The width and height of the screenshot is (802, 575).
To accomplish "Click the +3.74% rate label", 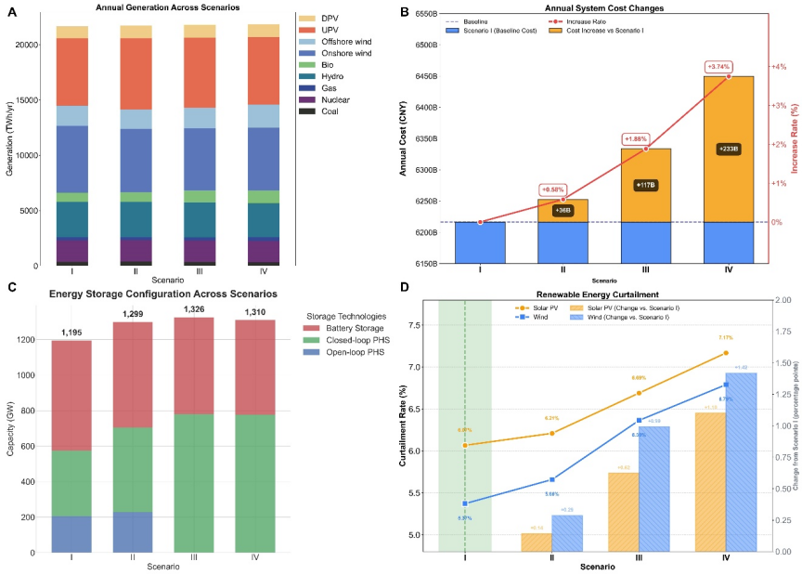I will click(718, 67).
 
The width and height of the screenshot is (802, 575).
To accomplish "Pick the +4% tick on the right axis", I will click(780, 67).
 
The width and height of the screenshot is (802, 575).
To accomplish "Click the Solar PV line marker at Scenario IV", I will click(725, 353).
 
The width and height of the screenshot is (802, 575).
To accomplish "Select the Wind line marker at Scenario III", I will click(639, 420).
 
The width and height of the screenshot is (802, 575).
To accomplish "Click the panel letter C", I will click(10, 287).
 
